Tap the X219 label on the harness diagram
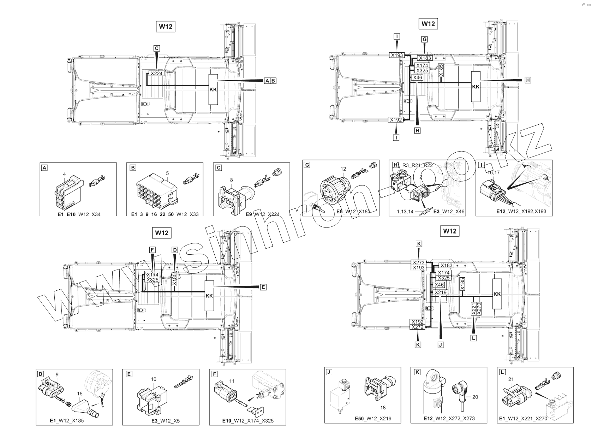[440, 293]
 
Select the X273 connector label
[418, 262]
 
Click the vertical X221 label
[474, 309]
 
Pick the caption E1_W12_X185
[67, 421]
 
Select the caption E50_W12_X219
[373, 419]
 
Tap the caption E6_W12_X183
[353, 212]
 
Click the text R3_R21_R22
[418, 165]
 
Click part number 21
[510, 379]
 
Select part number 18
[383, 407]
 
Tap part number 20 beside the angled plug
[475, 397]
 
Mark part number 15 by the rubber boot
[80, 393]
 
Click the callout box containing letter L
[474, 338]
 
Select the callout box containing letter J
[441, 345]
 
